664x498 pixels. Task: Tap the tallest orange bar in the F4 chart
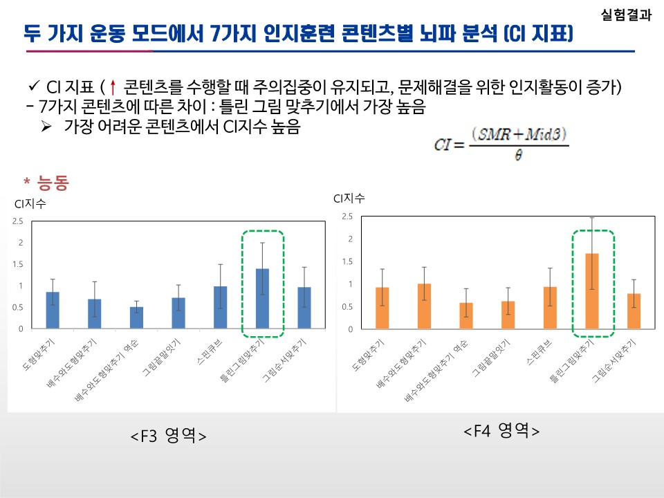coord(593,291)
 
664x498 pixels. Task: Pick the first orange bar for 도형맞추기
coord(382,308)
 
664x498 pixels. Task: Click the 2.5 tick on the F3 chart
coord(17,221)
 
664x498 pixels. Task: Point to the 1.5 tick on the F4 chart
coord(347,261)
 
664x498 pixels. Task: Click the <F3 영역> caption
coord(168,436)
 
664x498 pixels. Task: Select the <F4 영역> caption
coord(501,431)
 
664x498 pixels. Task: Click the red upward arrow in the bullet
coord(113,88)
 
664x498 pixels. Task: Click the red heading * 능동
coord(46,183)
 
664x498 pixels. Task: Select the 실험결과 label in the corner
coord(626,15)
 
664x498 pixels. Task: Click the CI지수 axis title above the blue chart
coord(30,203)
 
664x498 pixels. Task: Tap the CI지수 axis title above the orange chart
coord(349,199)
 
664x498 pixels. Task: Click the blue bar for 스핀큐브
coord(219,307)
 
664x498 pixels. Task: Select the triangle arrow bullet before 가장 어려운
coord(47,127)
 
